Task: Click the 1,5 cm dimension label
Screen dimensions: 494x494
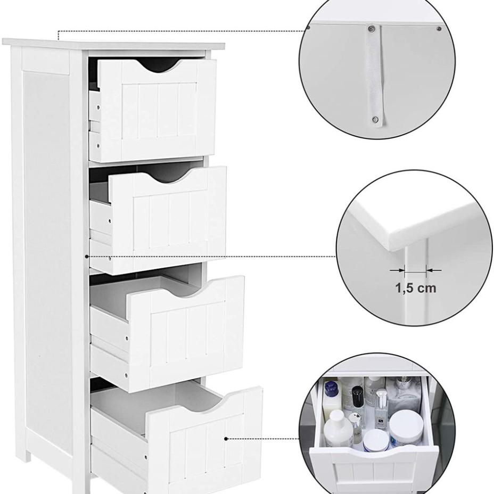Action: (x=415, y=289)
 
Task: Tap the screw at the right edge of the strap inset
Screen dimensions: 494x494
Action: (x=439, y=28)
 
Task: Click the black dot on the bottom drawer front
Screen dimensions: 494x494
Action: (x=226, y=439)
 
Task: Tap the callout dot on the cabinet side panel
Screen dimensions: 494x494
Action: (x=87, y=257)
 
